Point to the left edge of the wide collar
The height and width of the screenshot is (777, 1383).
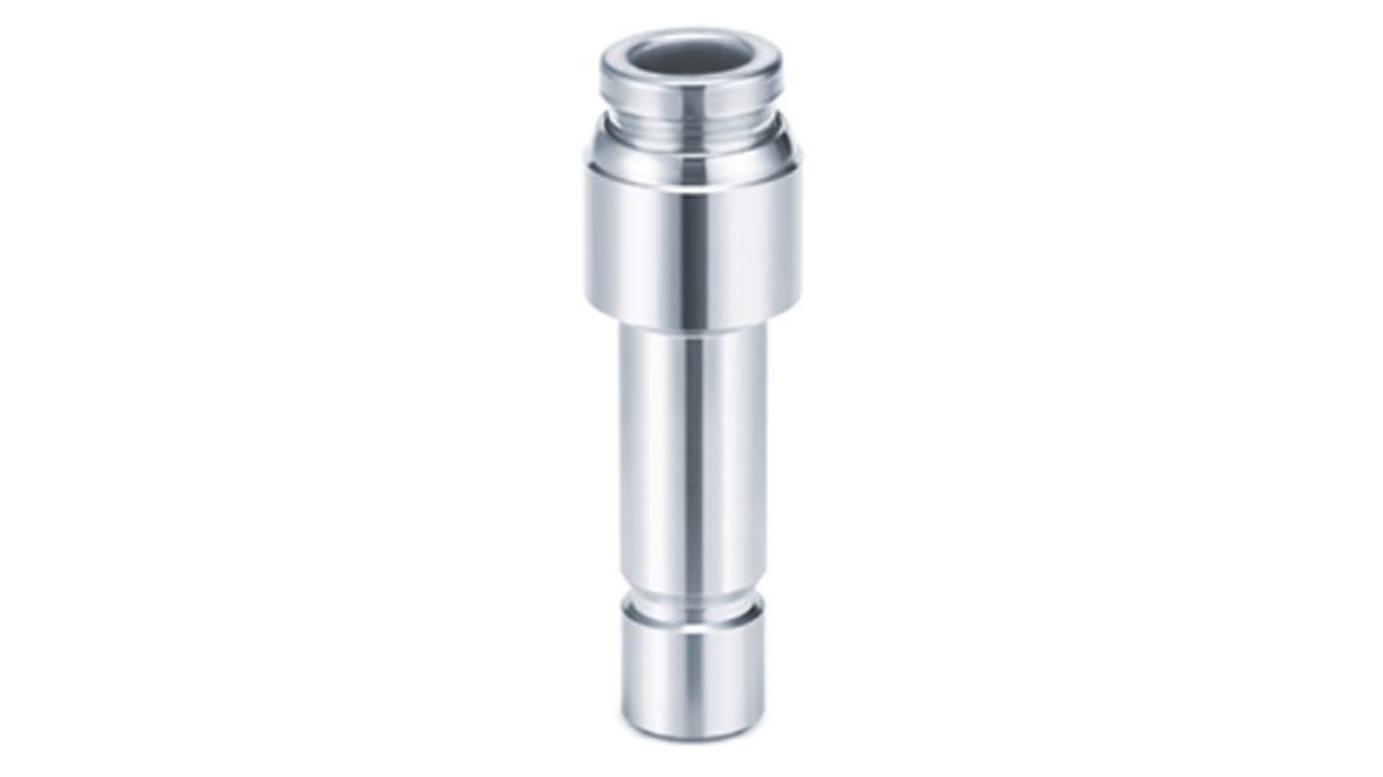coord(587,234)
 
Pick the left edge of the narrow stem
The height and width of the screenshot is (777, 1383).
coord(620,448)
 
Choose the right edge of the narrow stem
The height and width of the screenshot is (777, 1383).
coord(765,448)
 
